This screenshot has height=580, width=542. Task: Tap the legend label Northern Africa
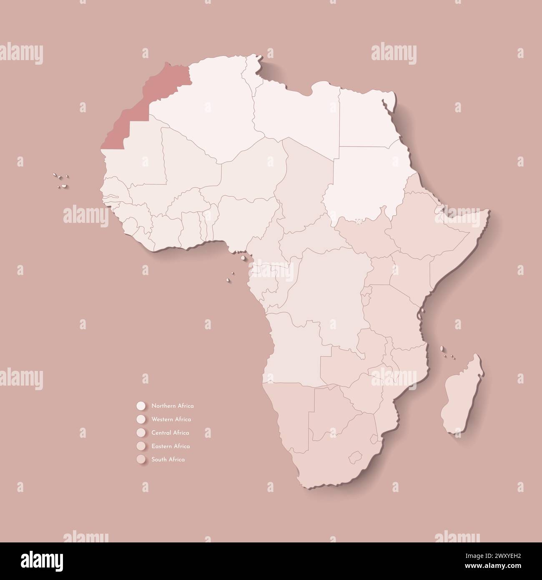coord(172,406)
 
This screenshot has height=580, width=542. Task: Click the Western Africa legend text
coord(171,419)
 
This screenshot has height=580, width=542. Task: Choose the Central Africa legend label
coord(170,433)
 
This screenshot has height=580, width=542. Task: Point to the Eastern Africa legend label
coord(171,446)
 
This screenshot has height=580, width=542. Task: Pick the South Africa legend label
coord(168,459)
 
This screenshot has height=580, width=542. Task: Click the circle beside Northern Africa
coord(141,406)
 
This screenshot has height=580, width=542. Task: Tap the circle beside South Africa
coord(141,459)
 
